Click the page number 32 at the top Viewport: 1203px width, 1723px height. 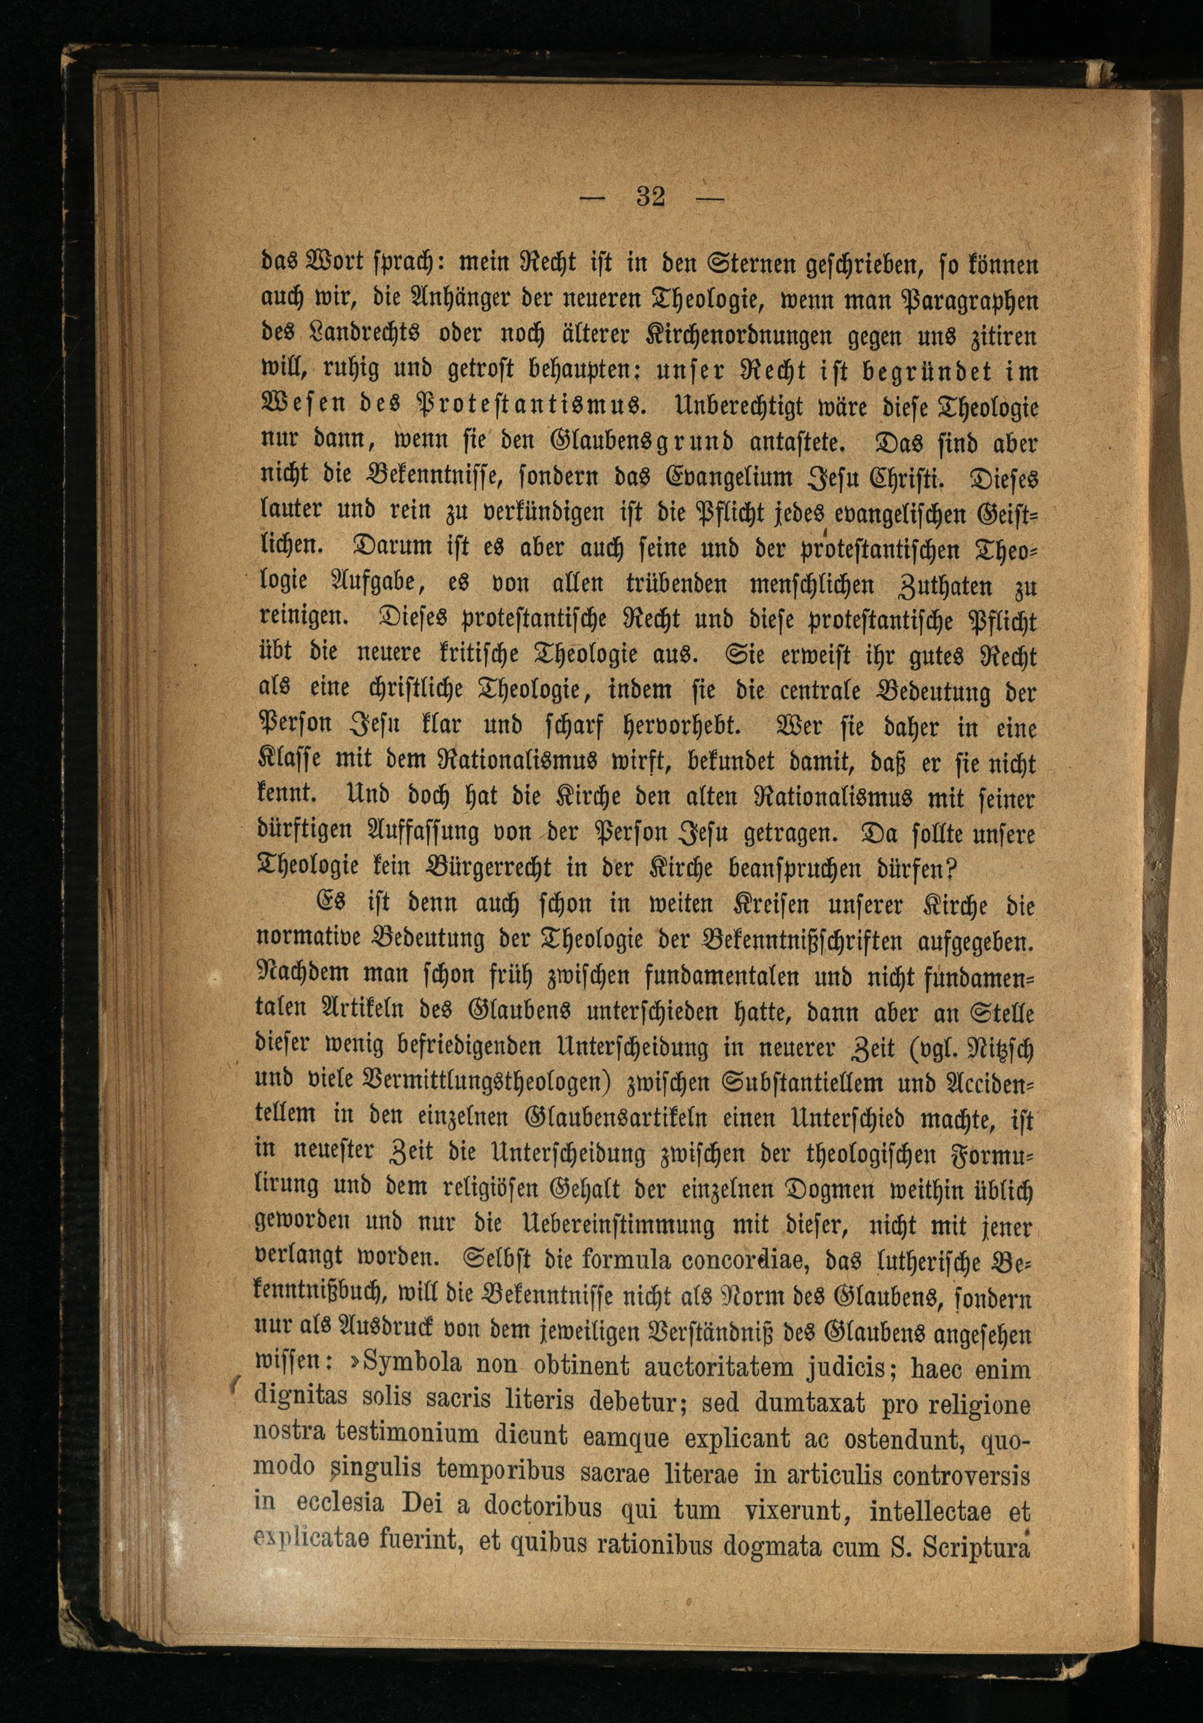pos(650,198)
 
